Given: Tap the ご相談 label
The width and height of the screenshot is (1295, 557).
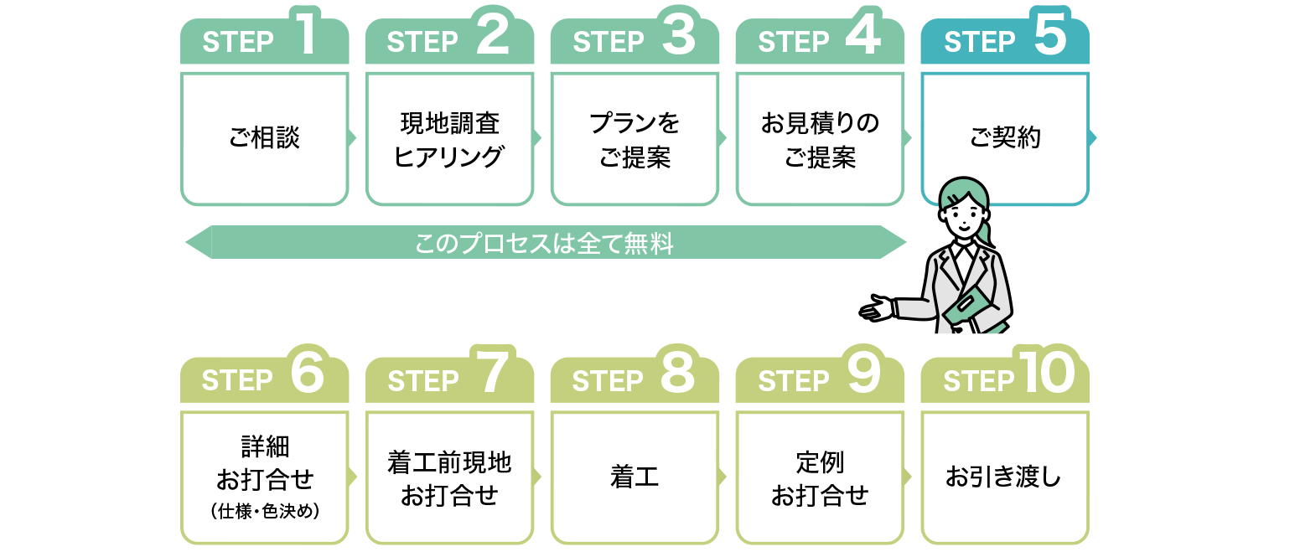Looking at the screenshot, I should point(264,138).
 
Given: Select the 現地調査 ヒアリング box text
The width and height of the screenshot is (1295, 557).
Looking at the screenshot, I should point(449,139).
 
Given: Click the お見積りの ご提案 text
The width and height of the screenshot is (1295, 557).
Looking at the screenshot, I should point(820,139).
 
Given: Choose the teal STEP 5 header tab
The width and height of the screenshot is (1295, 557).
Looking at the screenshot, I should point(1004,41).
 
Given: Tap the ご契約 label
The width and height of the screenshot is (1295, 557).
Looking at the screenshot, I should point(1004,138).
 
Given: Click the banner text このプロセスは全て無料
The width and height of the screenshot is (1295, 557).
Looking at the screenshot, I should point(545,245).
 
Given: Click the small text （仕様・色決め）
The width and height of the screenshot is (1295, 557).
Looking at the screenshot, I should point(264,510).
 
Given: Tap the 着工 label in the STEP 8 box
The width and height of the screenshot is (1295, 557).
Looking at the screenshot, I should point(635,477).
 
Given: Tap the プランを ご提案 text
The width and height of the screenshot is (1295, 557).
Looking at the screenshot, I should point(635,139).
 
